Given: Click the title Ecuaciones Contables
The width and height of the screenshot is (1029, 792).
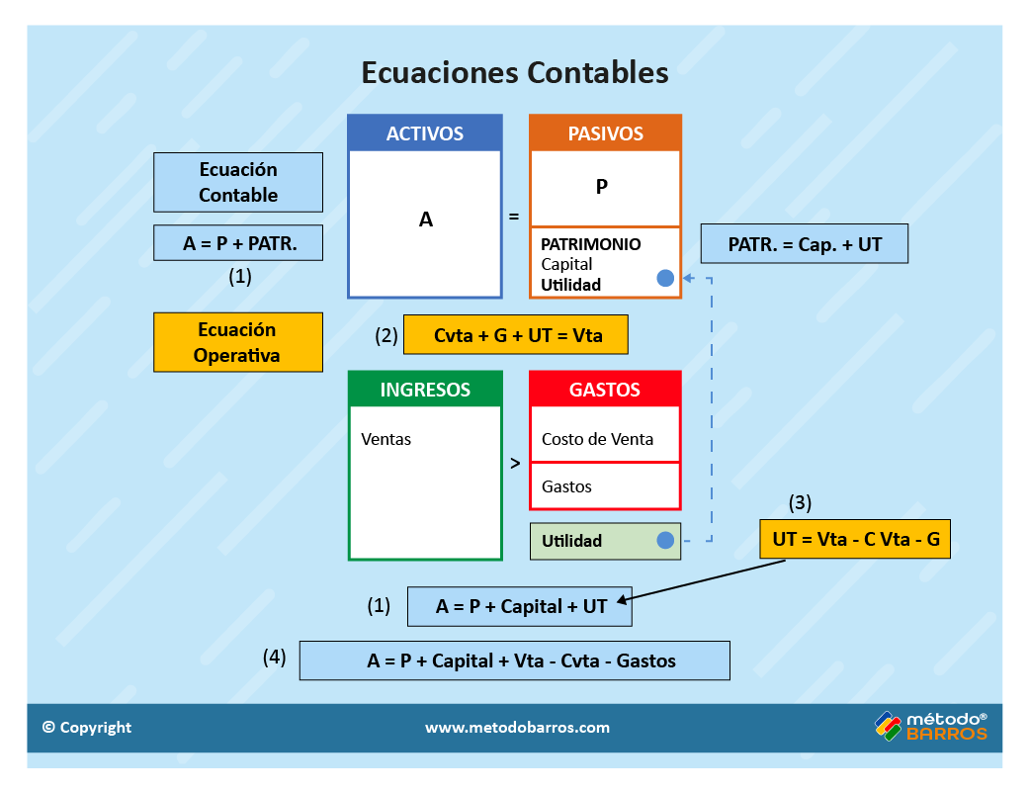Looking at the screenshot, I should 514,73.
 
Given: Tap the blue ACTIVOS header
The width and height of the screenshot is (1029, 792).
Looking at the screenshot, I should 425,133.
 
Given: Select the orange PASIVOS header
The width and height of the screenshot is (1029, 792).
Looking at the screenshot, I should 605,133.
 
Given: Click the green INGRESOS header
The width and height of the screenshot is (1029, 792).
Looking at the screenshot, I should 425,390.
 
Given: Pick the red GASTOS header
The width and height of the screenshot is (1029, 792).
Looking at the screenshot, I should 605,390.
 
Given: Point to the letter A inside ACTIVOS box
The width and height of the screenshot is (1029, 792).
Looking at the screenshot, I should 426,220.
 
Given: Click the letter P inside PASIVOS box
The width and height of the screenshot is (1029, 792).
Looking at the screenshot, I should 602,186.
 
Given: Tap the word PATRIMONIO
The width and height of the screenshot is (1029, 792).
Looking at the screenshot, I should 591,244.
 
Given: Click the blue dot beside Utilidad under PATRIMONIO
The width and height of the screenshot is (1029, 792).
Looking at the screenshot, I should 665,279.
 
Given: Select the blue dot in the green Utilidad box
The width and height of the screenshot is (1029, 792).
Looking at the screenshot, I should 665,540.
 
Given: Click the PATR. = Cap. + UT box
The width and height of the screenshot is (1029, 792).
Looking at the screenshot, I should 804,244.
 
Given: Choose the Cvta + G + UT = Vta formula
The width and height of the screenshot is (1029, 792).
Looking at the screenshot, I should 517,335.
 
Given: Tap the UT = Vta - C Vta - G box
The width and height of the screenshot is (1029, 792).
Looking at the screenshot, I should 855,540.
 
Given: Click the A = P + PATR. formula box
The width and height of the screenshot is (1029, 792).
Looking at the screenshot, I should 238,243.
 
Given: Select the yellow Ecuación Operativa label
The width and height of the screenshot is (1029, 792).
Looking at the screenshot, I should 237,342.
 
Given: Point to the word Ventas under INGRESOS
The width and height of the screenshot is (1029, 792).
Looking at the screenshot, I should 386,439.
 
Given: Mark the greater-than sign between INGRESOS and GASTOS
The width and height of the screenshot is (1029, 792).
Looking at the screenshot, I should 515,463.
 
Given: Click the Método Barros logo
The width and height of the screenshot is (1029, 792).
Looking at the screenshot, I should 930,727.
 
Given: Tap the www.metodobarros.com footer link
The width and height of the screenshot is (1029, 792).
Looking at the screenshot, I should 517,728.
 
